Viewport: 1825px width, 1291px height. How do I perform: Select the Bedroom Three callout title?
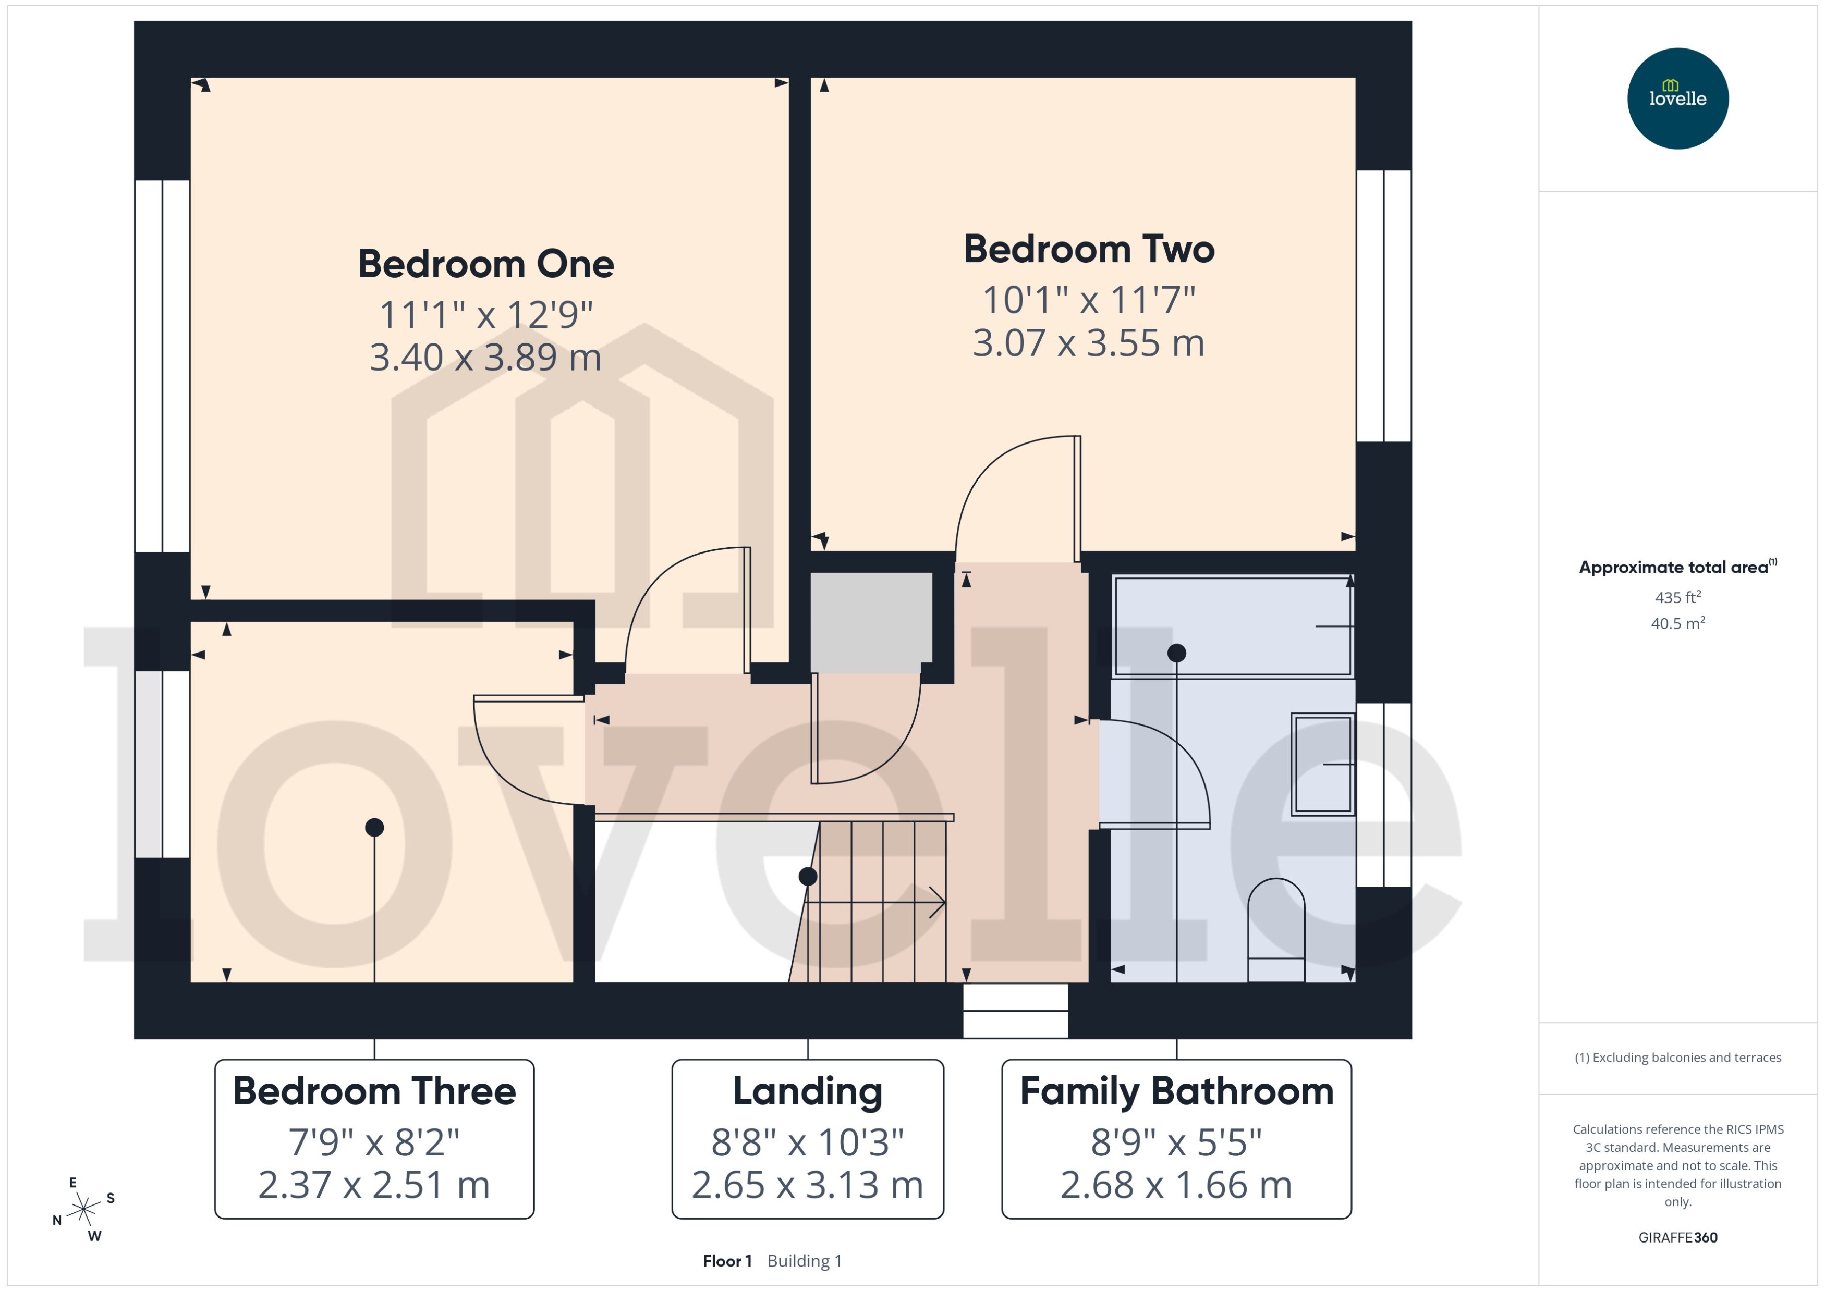click(x=374, y=1091)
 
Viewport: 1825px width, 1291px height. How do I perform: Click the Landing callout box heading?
click(x=807, y=1091)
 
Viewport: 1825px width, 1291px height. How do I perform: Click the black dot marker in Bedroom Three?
click(x=374, y=828)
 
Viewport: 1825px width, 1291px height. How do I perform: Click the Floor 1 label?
click(x=726, y=1261)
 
